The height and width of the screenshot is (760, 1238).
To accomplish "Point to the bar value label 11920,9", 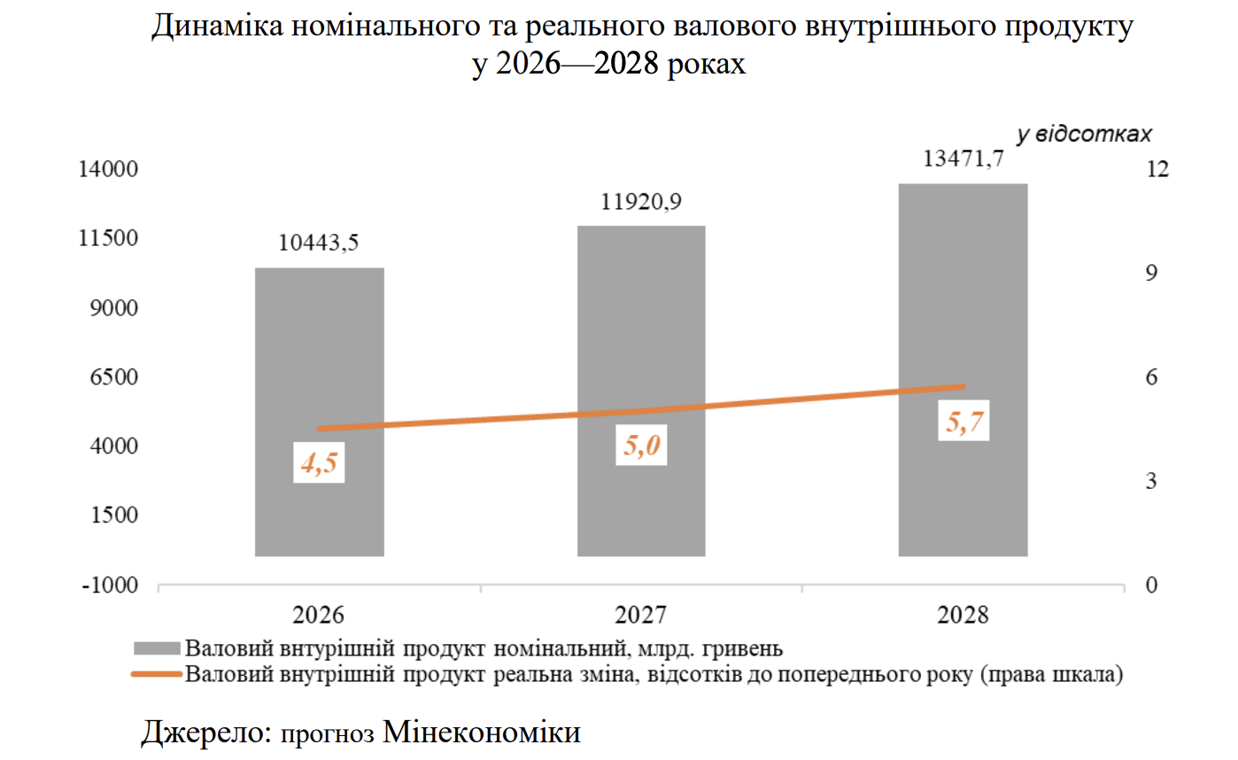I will tap(641, 202).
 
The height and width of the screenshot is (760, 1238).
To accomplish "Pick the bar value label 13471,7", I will tap(963, 159).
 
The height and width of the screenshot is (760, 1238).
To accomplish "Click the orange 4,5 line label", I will tap(319, 464).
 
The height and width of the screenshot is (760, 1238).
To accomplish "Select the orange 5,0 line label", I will tap(642, 446).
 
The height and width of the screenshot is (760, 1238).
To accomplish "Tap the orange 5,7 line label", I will tap(963, 423).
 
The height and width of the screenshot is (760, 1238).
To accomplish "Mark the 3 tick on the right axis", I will tap(1152, 482).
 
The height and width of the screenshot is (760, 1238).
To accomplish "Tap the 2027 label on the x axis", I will tap(641, 615).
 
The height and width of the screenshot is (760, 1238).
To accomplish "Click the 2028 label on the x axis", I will tap(963, 615).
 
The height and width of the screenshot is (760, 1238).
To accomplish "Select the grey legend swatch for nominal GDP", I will tap(157, 646).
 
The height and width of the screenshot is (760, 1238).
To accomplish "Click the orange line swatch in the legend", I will tap(157, 674).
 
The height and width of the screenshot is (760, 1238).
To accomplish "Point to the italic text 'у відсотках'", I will tap(1084, 135).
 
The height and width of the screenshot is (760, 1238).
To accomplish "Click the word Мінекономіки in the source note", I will tap(483, 733).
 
